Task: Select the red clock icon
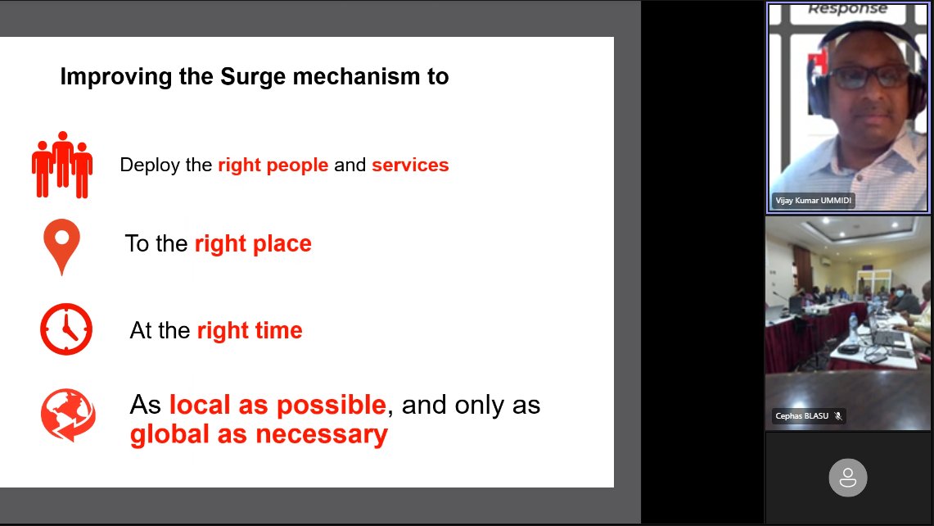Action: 66,329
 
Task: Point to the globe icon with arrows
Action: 68,415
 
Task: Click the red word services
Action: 410,165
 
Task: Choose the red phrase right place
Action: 253,243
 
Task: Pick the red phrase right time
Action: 250,330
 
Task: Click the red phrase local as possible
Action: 277,405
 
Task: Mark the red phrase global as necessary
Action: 259,434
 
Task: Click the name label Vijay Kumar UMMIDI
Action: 814,201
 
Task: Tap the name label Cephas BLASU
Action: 801,416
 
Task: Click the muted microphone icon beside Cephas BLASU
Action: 838,416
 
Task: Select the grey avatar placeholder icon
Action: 848,477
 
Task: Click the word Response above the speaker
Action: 847,9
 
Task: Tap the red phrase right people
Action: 273,165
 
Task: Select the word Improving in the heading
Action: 109,77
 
